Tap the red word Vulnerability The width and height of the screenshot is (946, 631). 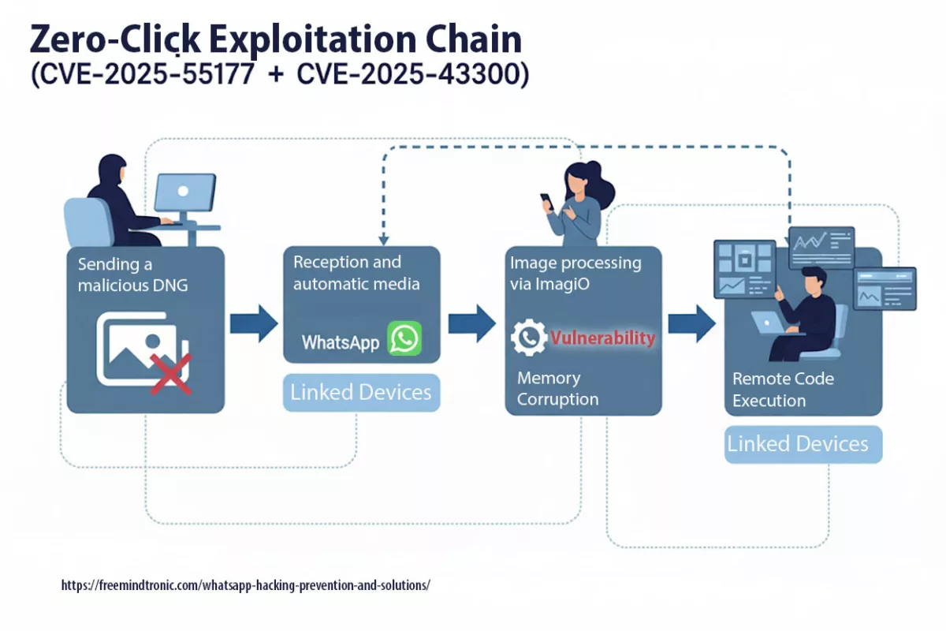tap(602, 338)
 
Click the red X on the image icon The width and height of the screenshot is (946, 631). tap(171, 373)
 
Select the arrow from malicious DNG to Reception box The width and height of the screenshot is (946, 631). tap(254, 323)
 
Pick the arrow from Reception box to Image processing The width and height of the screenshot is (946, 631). tap(472, 323)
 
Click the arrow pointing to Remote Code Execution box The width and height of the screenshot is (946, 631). tap(691, 323)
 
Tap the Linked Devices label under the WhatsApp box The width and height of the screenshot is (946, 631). tap(361, 393)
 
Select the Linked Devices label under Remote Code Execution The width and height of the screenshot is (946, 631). tap(798, 444)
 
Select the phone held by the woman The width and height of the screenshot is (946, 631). tap(547, 201)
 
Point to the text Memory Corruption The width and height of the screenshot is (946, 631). tap(557, 389)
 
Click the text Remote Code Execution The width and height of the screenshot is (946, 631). tap(783, 390)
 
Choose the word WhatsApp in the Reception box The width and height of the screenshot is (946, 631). tap(341, 342)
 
